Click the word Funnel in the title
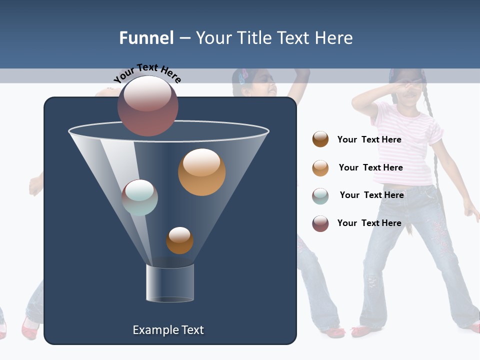pos(146,38)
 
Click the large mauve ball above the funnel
pos(148,106)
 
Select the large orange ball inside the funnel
pos(201,172)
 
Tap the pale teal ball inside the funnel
pos(140,197)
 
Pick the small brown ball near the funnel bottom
pos(179,240)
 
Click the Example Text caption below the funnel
pos(168,330)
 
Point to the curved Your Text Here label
pos(147,73)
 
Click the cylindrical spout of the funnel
pos(170,283)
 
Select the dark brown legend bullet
pos(320,139)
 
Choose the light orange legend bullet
pos(320,168)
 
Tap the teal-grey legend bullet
pos(320,196)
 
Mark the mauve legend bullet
pos(320,223)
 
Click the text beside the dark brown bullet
pos(369,140)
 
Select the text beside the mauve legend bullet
pos(369,223)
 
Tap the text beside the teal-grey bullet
pos(372,195)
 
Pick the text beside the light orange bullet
pos(371,167)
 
